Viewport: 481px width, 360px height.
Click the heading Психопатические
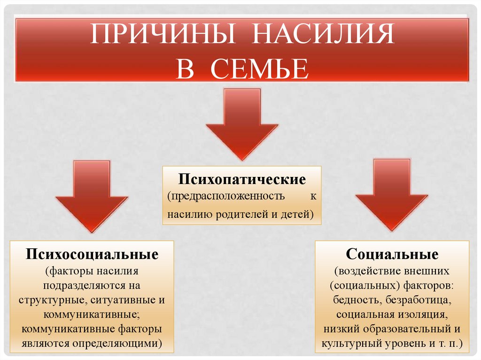(241, 179)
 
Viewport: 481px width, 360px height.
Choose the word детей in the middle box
(295, 214)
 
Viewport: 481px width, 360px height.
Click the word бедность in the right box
(352, 299)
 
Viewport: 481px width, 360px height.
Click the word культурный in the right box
(348, 343)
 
